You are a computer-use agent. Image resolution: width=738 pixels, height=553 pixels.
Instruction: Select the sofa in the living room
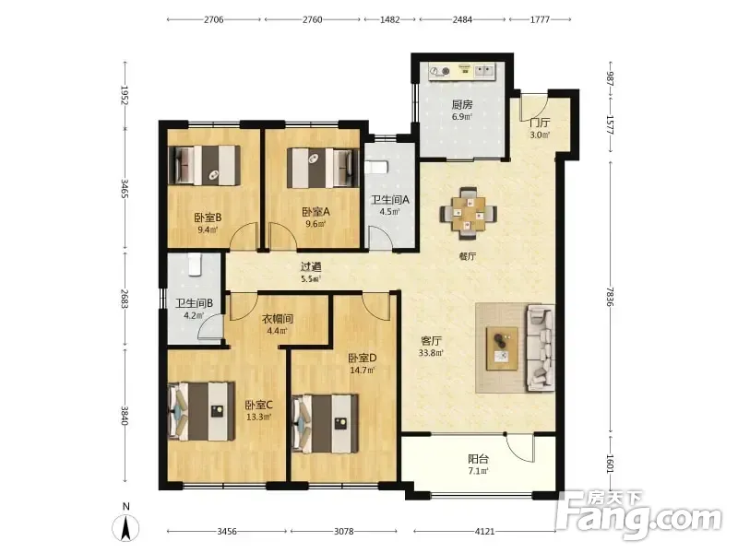tap(541, 347)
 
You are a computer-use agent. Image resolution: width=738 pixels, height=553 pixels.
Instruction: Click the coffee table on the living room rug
tap(502, 348)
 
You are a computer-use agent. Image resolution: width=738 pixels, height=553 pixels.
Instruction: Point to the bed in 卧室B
tap(205, 165)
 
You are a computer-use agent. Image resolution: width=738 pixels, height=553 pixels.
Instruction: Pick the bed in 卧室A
tap(320, 168)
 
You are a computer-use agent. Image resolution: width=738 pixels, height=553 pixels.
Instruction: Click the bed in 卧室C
tap(202, 411)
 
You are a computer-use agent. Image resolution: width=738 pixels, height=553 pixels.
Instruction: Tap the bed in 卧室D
tap(326, 424)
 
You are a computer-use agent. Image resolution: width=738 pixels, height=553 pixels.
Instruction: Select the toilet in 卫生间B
tap(195, 265)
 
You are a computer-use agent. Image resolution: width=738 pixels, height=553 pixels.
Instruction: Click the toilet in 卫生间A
tap(375, 167)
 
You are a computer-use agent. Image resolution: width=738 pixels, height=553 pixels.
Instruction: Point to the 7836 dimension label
tap(611, 297)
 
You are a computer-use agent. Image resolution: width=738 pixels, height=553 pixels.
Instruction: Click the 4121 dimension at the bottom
tap(485, 532)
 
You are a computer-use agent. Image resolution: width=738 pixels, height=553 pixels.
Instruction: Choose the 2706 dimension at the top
tap(214, 19)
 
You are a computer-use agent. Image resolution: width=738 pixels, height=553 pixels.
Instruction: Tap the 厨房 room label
tap(462, 104)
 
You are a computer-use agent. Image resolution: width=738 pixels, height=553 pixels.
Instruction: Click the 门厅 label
tap(540, 123)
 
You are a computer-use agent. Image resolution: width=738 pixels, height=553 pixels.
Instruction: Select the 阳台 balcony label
tap(478, 459)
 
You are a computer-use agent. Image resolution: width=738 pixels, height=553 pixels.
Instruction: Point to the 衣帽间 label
tap(278, 319)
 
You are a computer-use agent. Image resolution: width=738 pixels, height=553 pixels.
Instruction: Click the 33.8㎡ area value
tap(431, 353)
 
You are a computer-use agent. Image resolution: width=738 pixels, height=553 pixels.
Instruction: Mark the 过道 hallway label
tap(311, 266)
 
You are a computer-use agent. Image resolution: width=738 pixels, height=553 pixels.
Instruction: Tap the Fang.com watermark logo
tap(639, 516)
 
